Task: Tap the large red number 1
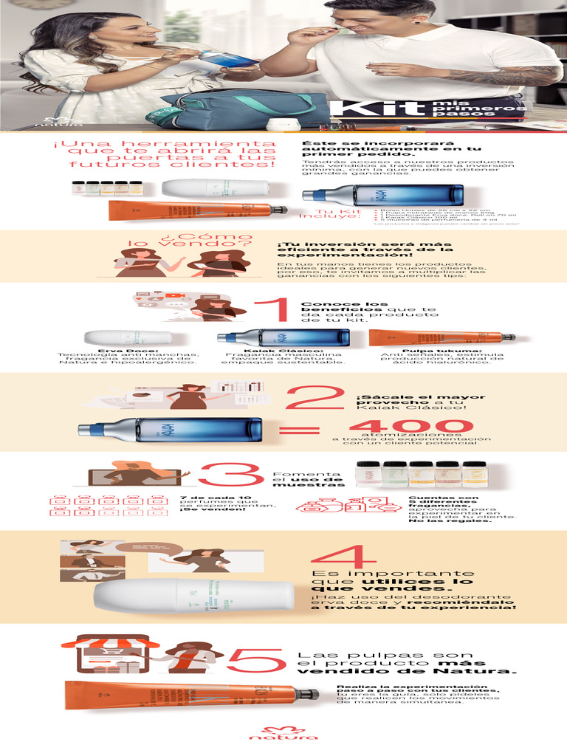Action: (272, 311)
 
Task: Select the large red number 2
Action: (314, 399)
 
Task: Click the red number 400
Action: (410, 427)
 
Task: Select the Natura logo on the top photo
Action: (52, 122)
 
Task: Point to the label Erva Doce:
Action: (127, 351)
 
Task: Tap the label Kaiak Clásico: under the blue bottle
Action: (283, 351)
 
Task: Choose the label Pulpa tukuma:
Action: (441, 351)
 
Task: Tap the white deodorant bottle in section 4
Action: (192, 596)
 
